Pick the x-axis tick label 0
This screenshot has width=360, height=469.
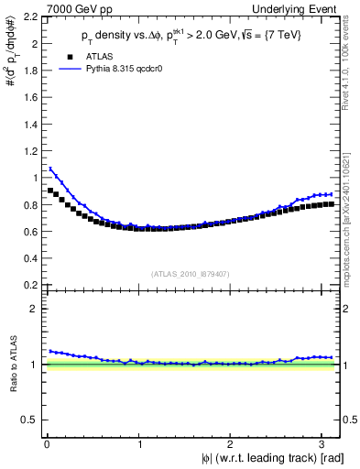(x=47, y=443)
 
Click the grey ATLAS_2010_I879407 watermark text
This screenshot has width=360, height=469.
(x=191, y=273)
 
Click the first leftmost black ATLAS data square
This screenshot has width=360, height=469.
(x=50, y=191)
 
